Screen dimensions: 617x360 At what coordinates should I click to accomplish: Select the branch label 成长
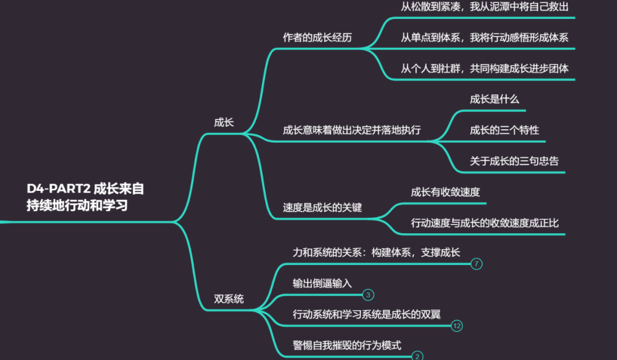224,122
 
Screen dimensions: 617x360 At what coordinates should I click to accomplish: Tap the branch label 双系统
229,298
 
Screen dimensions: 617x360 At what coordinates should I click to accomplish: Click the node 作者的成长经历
317,38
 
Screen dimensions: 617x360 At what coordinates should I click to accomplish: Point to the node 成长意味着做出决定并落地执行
351,130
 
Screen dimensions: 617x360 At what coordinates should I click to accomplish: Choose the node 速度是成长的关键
322,207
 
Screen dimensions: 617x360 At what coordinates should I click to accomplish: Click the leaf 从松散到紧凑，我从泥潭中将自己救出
484,7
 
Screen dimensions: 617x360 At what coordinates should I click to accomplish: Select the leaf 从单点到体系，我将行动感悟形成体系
484,38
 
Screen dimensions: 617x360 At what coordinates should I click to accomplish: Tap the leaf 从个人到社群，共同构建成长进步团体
484,69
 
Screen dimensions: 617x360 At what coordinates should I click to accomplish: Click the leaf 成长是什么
494,99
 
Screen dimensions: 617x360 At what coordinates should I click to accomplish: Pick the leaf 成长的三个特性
504,130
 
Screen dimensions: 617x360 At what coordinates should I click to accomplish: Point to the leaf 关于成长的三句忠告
514,161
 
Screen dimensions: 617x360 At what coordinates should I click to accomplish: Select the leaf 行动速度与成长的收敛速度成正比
484,223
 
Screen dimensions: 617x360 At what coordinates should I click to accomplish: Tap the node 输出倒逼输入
322,283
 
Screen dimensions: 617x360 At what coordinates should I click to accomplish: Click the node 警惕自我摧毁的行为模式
347,345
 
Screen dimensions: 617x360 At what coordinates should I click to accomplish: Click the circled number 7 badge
476,264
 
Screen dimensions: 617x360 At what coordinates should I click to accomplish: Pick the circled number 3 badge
368,295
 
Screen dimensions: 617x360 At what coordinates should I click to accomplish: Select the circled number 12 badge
456,326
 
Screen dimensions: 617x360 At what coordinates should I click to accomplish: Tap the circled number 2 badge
418,356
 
